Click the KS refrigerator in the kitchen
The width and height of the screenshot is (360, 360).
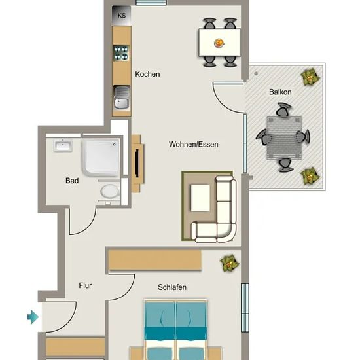(122, 15)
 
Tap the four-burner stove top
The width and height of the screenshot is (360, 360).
(121, 53)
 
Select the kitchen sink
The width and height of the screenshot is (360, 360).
(122, 97)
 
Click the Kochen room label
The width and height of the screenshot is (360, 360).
(147, 74)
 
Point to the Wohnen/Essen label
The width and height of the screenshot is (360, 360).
(194, 145)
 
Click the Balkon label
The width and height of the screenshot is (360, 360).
(280, 92)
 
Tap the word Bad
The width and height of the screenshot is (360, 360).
(72, 181)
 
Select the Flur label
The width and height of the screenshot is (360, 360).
(85, 285)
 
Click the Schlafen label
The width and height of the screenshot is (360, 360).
(172, 287)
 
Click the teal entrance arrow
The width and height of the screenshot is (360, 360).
(33, 317)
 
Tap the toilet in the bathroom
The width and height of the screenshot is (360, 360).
(110, 191)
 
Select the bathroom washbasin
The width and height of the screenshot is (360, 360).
(63, 145)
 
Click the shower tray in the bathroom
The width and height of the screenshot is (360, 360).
(101, 158)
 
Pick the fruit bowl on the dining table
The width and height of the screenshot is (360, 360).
(219, 43)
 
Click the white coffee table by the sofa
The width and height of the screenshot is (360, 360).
(200, 198)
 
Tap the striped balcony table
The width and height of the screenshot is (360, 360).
(284, 137)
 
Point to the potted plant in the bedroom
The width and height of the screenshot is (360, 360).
(229, 263)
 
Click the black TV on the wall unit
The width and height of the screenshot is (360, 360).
(137, 163)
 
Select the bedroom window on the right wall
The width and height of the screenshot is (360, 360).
(245, 308)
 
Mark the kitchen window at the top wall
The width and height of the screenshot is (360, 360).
(151, 3)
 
